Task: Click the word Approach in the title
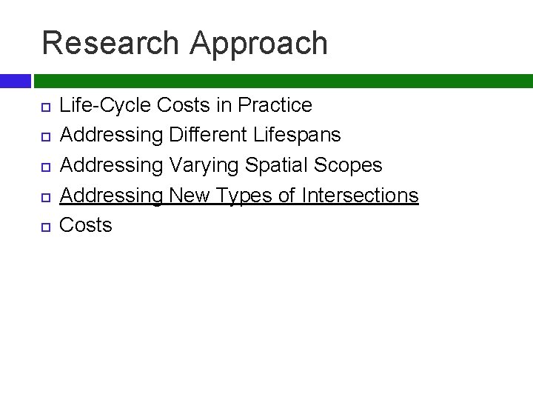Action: [258, 44]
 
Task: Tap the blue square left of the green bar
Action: [15, 81]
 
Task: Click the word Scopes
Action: [353, 166]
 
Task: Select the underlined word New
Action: [191, 196]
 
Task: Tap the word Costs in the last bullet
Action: [85, 225]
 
